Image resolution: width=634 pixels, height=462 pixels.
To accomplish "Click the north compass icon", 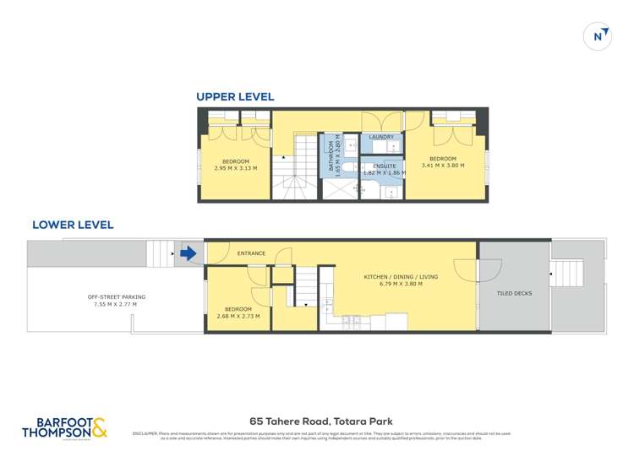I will [x=598, y=35].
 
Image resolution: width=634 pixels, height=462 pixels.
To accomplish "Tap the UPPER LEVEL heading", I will [x=235, y=97].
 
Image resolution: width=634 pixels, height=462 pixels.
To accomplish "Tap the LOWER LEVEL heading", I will [x=73, y=226].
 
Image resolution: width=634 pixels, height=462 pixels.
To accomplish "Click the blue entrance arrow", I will [x=189, y=253].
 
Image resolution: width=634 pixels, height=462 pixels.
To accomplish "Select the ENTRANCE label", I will [x=251, y=253].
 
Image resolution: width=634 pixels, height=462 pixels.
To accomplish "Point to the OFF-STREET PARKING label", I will [x=117, y=296].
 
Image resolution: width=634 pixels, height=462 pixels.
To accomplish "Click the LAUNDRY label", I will [x=383, y=137].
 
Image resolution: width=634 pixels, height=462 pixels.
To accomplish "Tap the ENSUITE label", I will [x=385, y=166].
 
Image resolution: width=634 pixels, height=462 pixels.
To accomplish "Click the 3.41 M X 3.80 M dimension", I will [x=443, y=166].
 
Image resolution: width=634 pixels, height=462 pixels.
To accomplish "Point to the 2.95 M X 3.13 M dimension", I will [x=236, y=168].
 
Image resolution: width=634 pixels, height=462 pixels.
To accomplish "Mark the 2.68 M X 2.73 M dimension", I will [x=237, y=316].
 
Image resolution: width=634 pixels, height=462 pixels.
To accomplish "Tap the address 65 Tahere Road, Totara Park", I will [x=320, y=421].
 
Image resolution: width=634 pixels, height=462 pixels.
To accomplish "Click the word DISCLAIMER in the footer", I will [x=145, y=434].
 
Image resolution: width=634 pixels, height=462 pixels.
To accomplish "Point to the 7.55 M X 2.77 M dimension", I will [x=117, y=304].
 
